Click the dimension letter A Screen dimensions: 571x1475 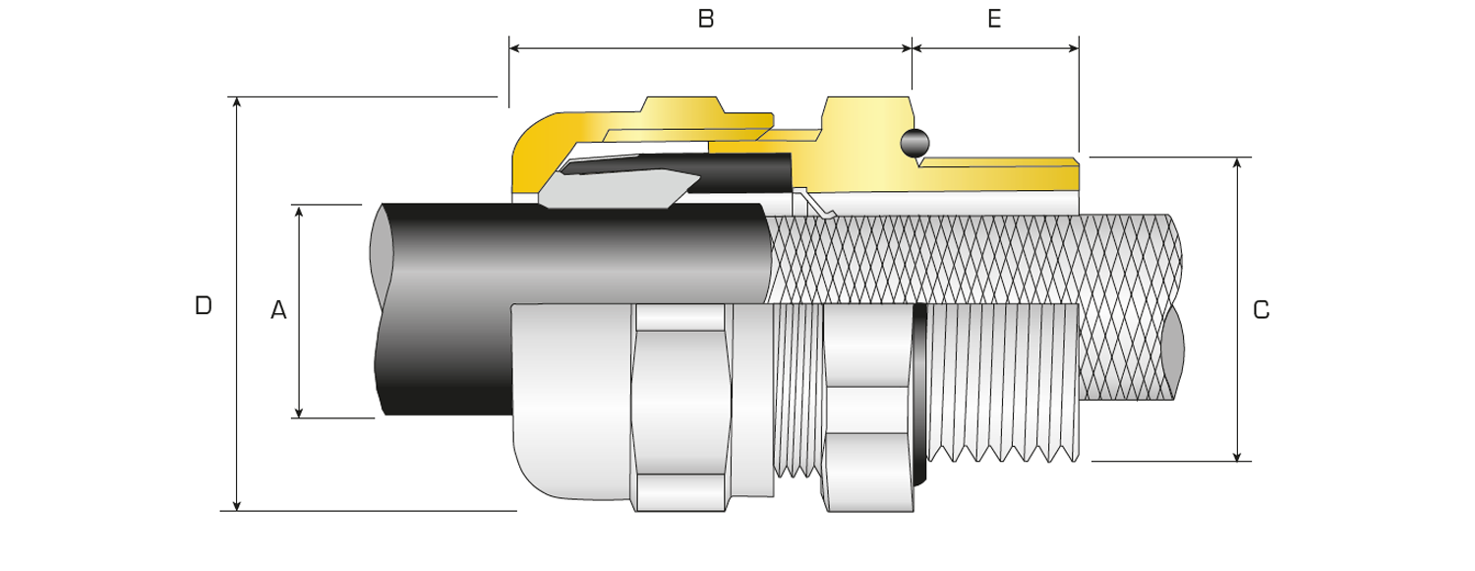click(278, 311)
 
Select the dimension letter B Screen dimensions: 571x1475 click(705, 20)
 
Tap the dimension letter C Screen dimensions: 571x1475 click(1262, 310)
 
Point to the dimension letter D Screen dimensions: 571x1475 click(203, 305)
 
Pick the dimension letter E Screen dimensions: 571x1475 click(994, 20)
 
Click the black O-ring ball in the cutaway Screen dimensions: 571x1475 click(914, 143)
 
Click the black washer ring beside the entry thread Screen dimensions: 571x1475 click(920, 394)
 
